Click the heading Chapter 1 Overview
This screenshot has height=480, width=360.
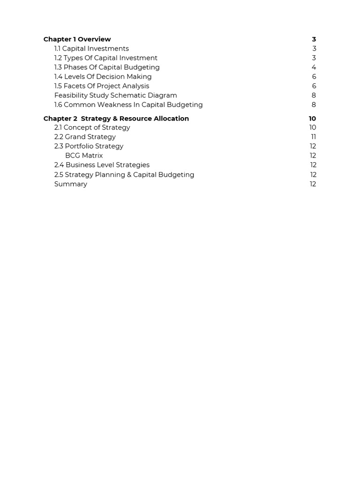77,39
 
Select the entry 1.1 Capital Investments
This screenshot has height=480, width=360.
91,49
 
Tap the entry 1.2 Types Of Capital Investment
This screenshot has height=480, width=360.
105,58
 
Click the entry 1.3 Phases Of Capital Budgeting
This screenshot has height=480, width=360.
107,67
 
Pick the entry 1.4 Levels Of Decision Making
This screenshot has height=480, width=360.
103,77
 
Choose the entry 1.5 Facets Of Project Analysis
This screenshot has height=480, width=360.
102,86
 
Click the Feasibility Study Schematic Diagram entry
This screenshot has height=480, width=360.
115,96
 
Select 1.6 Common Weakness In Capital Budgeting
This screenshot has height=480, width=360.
128,105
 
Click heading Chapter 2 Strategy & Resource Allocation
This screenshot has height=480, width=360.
116,119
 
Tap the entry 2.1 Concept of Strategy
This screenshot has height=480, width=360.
92,127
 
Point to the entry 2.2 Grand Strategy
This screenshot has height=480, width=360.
85,137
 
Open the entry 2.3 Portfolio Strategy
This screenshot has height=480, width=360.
89,146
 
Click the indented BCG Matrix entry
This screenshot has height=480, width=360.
84,156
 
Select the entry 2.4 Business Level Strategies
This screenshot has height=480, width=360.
102,165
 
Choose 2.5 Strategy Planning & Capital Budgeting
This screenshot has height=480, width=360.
124,175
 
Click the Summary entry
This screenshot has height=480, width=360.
71,184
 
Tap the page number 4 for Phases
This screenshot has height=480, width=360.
314,67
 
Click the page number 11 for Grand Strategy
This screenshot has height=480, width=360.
313,137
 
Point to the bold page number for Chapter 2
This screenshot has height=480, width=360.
312,119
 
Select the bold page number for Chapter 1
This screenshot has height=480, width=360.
314,39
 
